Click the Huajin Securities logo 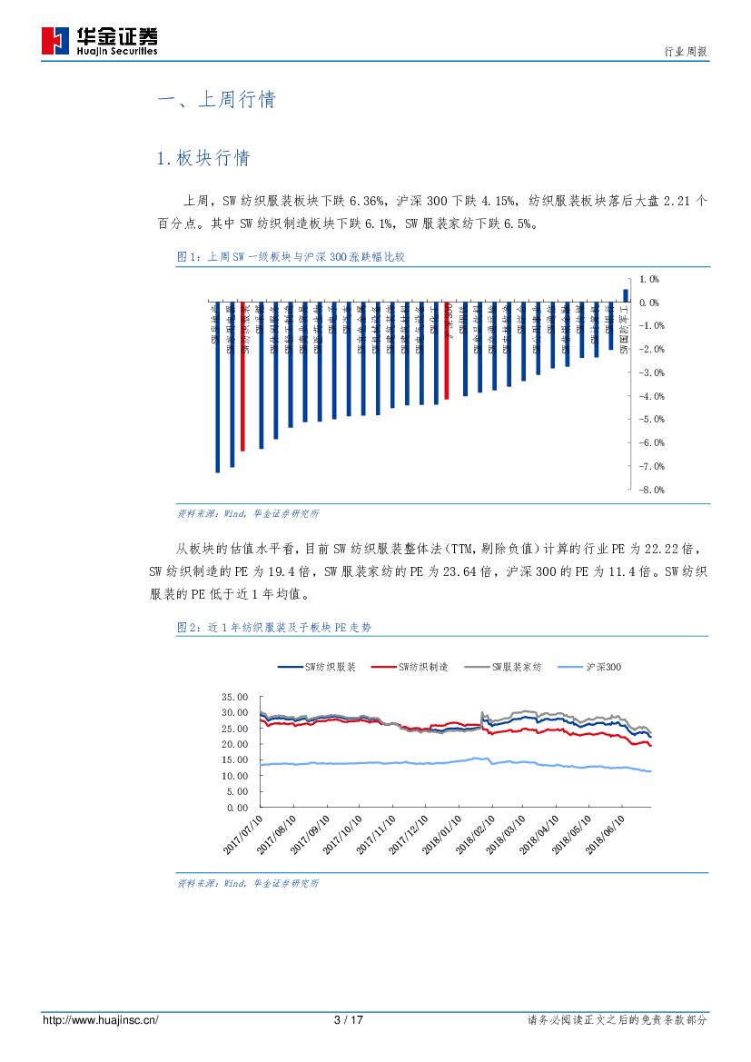coord(99,41)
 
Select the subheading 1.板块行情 coord(203,158)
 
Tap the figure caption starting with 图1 coord(291,257)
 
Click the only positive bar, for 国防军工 coord(626,294)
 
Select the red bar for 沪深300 coord(447,350)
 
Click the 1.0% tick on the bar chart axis coord(648,279)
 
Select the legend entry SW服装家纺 coord(503,668)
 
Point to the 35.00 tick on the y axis coord(234,697)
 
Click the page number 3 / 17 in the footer coord(349,1020)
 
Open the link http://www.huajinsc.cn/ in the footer coord(101,1020)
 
